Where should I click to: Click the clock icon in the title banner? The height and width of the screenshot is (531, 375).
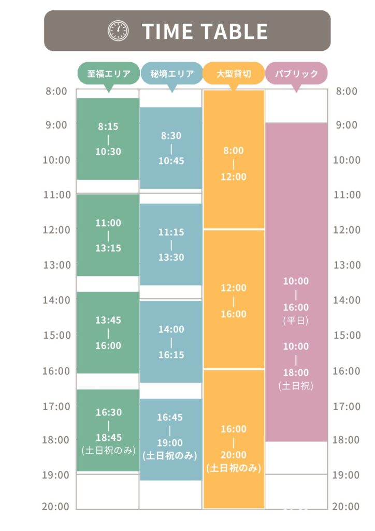pos(118,31)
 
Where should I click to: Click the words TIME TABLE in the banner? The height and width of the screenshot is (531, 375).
pos(205,32)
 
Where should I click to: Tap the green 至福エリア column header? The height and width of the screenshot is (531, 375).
pos(108,73)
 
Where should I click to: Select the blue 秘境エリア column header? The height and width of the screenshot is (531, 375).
pos(171,73)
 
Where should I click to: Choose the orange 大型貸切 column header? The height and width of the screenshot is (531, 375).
pos(234,73)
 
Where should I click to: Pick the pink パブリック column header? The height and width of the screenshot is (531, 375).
pos(296,73)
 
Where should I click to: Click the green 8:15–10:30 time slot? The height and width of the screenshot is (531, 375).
pos(108,139)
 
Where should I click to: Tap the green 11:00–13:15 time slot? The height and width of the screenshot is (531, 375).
pos(108,235)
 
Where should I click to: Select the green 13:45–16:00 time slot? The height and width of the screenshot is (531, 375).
pos(108,332)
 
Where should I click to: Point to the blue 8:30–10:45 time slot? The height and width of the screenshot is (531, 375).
pos(171,148)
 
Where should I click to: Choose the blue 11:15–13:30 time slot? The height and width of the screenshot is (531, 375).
pos(171,244)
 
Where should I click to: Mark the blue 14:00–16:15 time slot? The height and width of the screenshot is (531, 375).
pos(171,342)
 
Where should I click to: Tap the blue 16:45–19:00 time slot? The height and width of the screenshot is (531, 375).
pos(171,439)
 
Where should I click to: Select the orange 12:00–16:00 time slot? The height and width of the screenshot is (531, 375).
pos(234,299)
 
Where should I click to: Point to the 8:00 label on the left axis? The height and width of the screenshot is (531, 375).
pos(56,92)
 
